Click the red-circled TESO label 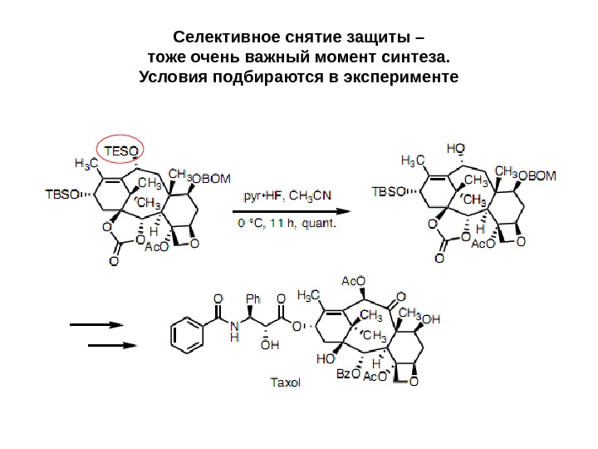(x=121, y=150)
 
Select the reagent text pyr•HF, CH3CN (x=287, y=196)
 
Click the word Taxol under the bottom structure (x=285, y=383)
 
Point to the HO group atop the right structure (x=456, y=148)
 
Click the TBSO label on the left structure (x=61, y=194)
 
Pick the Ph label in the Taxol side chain (x=254, y=296)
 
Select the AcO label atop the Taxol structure (x=354, y=280)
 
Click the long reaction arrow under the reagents (x=290, y=211)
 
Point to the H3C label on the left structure (x=86, y=162)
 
